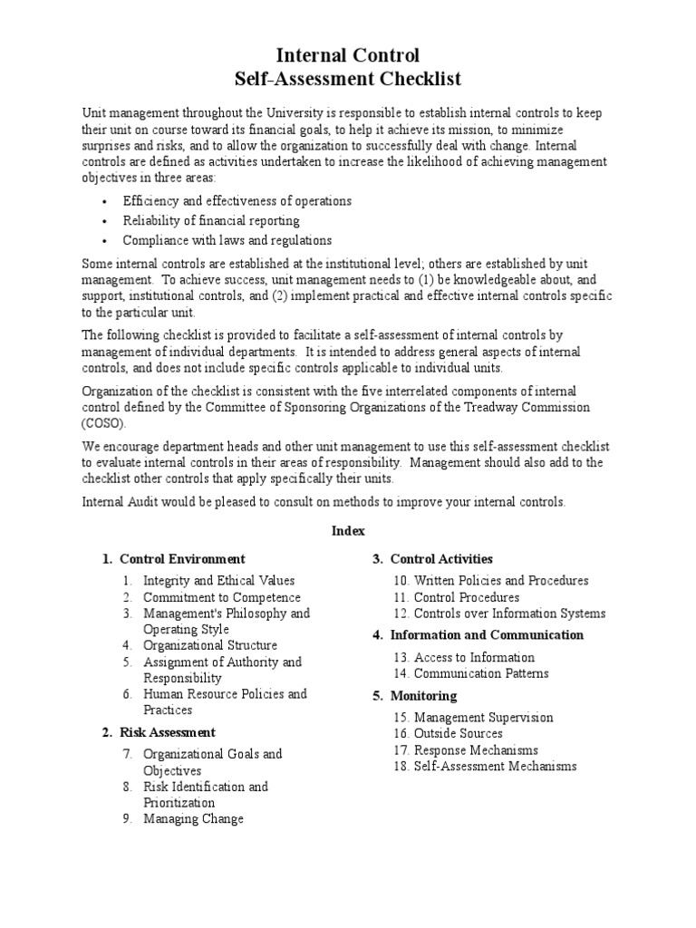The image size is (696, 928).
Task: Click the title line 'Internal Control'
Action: coord(348,56)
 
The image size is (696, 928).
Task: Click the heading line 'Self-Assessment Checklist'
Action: coord(348,80)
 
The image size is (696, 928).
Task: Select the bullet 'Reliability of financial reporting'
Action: coord(211,220)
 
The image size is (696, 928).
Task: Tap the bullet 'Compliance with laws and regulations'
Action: coord(227,240)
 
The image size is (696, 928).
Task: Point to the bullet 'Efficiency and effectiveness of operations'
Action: coord(237,200)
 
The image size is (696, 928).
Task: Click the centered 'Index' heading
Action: coord(348,531)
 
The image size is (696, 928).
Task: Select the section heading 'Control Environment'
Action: coord(182,559)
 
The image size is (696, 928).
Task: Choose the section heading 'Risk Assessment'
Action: coord(168,731)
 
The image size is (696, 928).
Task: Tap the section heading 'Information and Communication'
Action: coord(487,635)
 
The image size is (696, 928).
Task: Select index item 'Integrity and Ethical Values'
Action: coord(218,581)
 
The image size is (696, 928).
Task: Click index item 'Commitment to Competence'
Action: coord(221,597)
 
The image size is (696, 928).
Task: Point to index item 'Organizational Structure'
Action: coord(210,645)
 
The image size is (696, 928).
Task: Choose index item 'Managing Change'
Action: coord(193,818)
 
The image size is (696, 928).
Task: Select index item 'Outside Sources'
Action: coord(458,733)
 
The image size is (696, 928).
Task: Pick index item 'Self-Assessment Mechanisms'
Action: coord(495,766)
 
